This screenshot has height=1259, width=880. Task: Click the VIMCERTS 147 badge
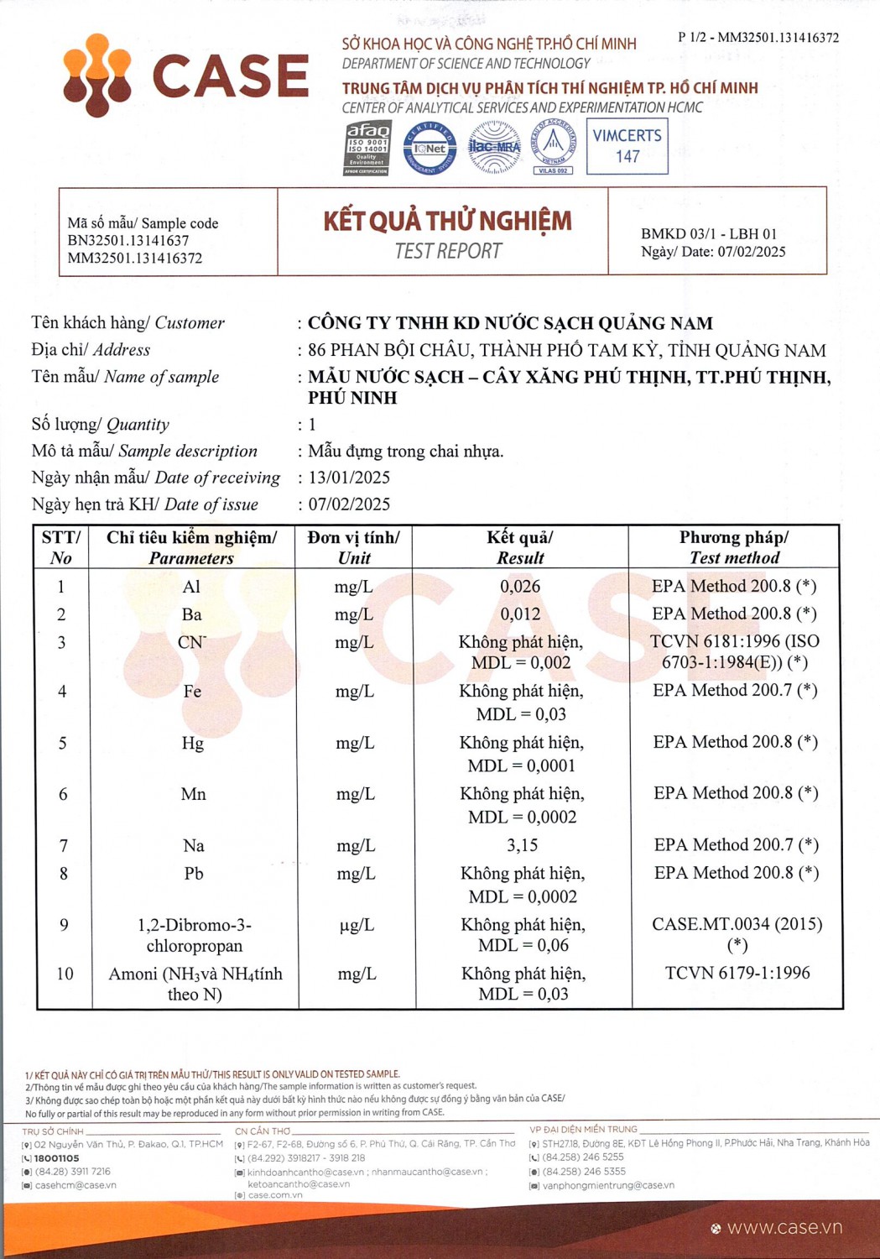(627, 146)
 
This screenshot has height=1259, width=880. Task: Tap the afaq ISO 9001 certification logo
(368, 148)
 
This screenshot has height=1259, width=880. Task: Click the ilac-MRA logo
(494, 148)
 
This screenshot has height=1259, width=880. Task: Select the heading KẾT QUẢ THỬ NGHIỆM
(447, 221)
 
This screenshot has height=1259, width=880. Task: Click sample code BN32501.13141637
(128, 241)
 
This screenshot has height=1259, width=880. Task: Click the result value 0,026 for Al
(520, 587)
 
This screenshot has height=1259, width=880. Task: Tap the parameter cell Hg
(193, 744)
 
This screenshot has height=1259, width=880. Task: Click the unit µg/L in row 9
(357, 925)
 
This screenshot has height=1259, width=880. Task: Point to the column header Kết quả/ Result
(520, 547)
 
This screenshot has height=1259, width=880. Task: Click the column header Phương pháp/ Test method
(734, 547)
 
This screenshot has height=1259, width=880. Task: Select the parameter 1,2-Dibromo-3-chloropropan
(195, 935)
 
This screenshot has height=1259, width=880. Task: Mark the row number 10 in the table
(65, 974)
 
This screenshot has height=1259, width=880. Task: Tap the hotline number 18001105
(56, 1158)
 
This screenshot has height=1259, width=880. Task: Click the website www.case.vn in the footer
(784, 1228)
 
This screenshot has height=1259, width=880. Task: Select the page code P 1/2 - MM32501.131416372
(758, 38)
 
